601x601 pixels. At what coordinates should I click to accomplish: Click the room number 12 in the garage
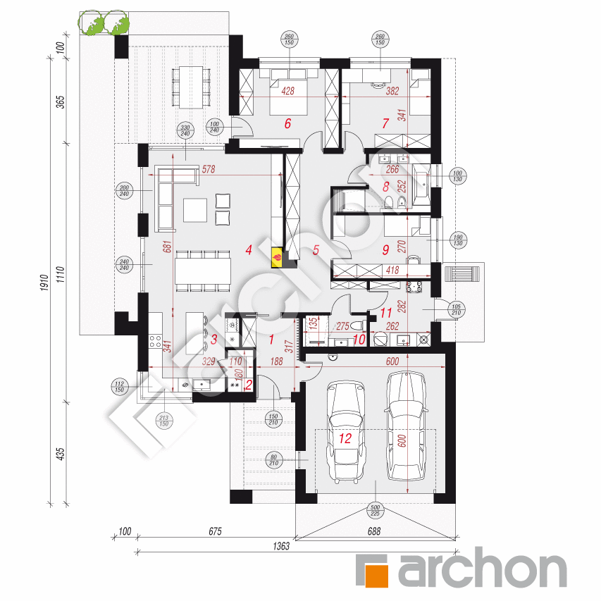coord(345,438)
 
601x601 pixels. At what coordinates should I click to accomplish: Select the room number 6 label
coord(287,124)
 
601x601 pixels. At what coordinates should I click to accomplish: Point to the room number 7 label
coord(385,124)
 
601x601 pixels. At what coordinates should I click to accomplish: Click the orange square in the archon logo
coord(373,570)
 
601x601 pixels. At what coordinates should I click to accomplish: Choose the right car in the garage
coord(407,423)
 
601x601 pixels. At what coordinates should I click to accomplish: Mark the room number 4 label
coord(249,249)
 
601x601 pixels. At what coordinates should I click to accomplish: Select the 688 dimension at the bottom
coord(374,532)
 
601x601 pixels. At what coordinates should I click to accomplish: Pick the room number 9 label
coord(385,249)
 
